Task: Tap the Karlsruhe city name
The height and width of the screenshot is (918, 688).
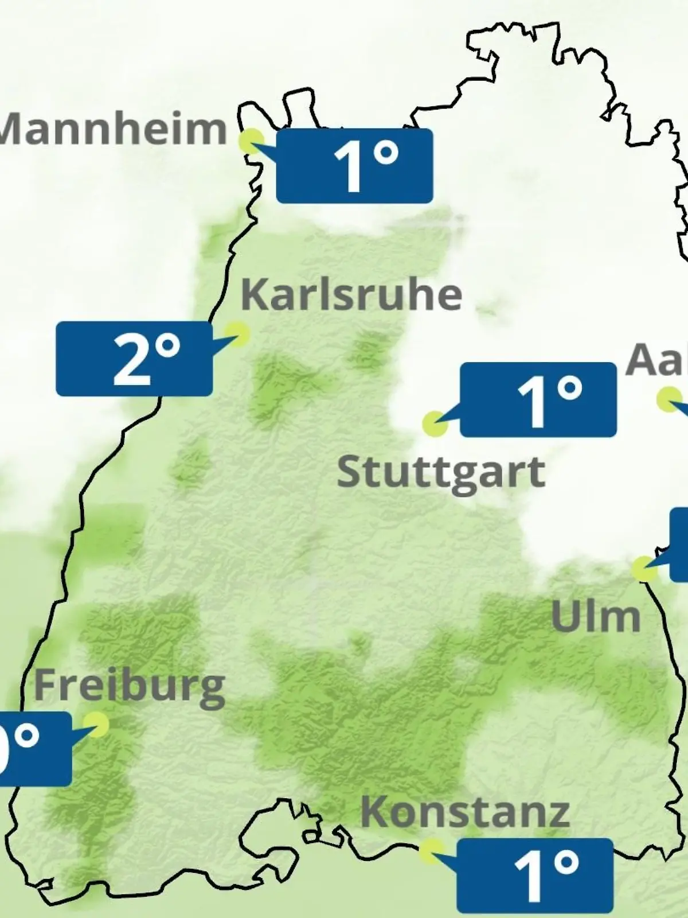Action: click(x=351, y=295)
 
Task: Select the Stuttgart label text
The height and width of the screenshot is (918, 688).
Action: click(x=440, y=474)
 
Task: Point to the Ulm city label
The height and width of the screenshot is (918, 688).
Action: click(x=595, y=617)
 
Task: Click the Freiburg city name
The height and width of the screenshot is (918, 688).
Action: click(x=130, y=686)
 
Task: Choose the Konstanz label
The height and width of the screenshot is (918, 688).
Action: click(x=464, y=812)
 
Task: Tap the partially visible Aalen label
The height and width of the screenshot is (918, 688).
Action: click(x=657, y=360)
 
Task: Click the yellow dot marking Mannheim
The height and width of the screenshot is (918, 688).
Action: click(x=251, y=141)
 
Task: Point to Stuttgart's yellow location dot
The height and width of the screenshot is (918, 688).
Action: click(x=435, y=423)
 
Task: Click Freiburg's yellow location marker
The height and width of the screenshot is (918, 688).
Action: click(x=96, y=725)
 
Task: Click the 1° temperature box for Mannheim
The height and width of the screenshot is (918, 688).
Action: click(x=354, y=166)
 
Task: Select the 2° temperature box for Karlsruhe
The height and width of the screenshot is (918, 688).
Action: click(x=134, y=359)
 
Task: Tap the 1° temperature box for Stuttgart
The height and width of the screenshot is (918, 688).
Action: click(x=538, y=400)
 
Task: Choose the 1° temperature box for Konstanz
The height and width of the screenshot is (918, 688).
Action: click(x=534, y=876)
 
